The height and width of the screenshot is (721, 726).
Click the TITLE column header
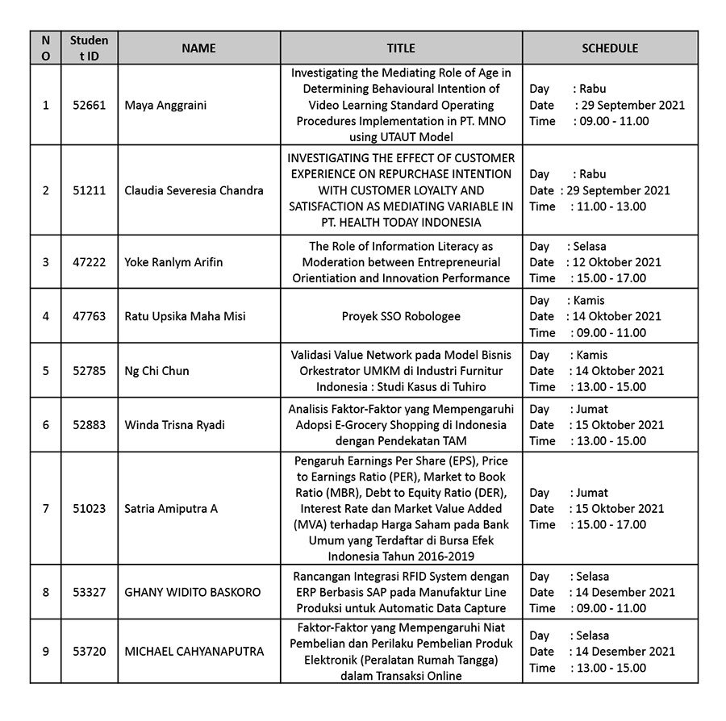pos(401,48)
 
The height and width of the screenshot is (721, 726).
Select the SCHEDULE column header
pos(610,48)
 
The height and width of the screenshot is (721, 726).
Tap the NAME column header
pos(198,48)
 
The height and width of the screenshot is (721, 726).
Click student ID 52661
pos(89,105)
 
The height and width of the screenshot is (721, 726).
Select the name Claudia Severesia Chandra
pos(194,190)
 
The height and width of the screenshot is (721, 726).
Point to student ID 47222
pos(89,262)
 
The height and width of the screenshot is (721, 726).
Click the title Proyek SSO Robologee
pos(401,316)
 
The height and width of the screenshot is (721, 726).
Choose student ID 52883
pos(89,425)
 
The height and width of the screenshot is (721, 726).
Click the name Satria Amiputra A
pos(171,509)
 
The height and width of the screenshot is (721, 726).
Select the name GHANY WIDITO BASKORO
pos(193,592)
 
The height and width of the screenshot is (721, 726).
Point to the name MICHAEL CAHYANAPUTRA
pos(194,651)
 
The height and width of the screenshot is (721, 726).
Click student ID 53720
pos(89,651)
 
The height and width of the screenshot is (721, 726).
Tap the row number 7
pos(45,509)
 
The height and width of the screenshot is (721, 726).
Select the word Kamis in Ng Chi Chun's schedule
pos(591,355)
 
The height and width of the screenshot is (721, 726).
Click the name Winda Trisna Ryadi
pos(175,425)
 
